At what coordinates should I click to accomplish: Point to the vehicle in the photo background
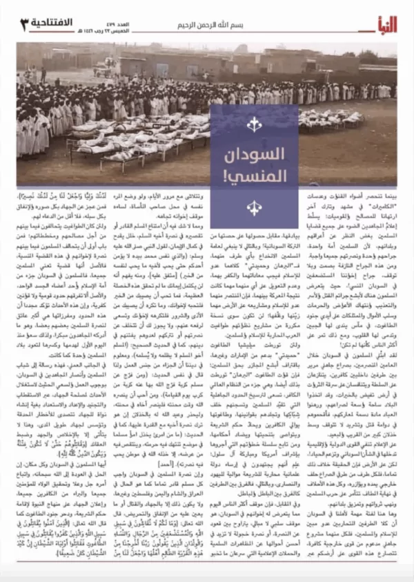point(103,69)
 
